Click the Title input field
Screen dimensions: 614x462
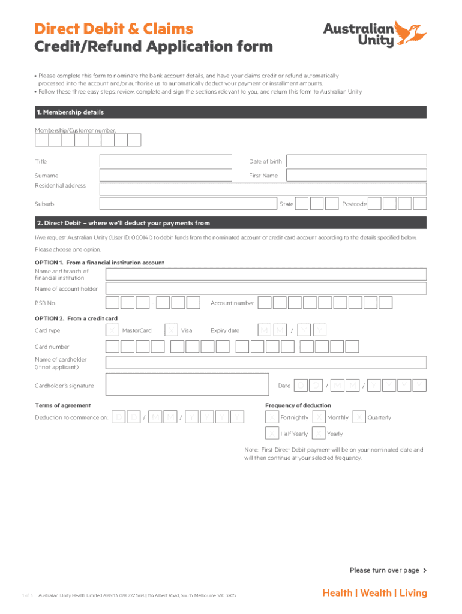tap(166, 161)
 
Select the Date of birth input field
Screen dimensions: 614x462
tap(356, 161)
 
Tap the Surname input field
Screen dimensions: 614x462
tap(166, 176)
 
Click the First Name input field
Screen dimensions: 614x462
tap(356, 176)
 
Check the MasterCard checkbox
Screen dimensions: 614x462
tap(112, 330)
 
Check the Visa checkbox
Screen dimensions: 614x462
tap(171, 330)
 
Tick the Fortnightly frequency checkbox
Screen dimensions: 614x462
tap(272, 417)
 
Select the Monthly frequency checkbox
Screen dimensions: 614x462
tap(319, 417)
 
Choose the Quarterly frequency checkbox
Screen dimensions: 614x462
tap(359, 417)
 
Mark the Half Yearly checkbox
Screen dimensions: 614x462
tap(272, 434)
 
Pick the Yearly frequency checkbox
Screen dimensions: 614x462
tap(319, 434)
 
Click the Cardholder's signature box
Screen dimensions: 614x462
tap(187, 385)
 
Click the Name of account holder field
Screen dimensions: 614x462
tap(266, 289)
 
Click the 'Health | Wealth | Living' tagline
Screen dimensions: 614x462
tap(374, 593)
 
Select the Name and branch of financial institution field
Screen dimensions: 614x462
tap(266, 274)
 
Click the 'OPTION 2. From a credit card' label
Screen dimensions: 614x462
tap(76, 318)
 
